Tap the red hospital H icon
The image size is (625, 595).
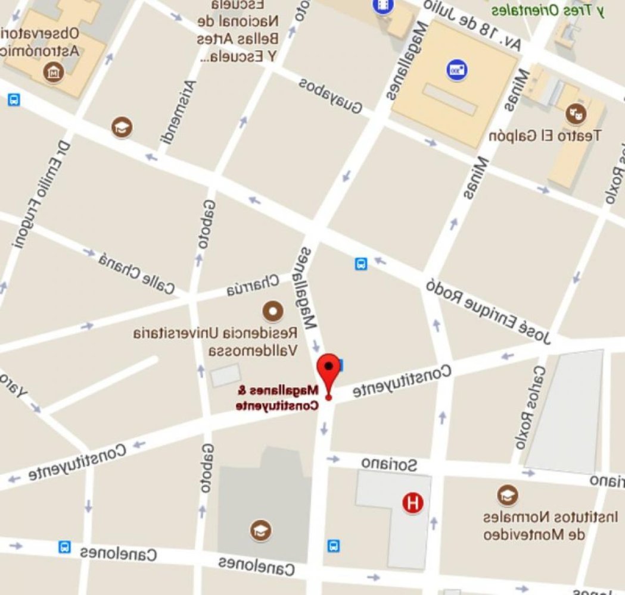coord(412,503)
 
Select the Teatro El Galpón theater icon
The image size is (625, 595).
coord(576,112)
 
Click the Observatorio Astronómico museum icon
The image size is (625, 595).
coord(54,73)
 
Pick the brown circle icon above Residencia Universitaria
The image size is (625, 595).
coord(273,310)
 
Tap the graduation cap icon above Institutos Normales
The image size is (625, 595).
coord(507,495)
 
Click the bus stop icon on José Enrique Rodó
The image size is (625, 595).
coord(361,264)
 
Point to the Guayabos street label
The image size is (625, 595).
coord(331,96)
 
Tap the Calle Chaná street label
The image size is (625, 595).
coord(137,273)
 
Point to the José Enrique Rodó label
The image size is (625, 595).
coord(489,311)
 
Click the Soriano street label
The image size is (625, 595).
coord(389,464)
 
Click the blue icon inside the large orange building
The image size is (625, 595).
coord(456,70)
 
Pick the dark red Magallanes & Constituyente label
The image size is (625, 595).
coord(278,398)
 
